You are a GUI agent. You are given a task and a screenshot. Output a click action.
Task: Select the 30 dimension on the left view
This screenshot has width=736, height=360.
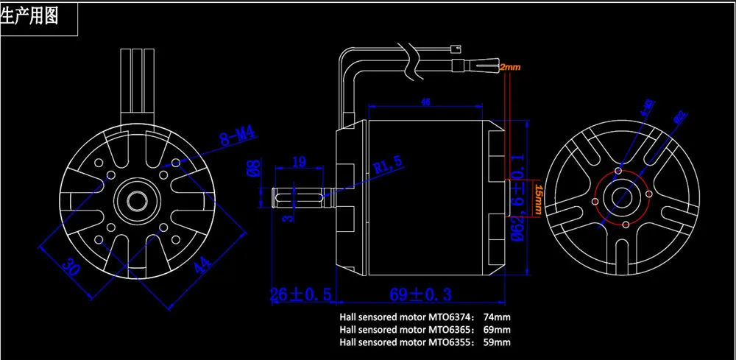click(x=71, y=266)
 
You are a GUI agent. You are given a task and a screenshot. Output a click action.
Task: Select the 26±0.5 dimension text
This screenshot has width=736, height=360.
click(x=302, y=295)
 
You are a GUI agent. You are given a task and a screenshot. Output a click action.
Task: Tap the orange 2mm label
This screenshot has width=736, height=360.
click(x=509, y=67)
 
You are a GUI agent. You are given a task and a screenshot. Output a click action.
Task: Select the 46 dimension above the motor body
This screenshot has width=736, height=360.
click(x=425, y=103)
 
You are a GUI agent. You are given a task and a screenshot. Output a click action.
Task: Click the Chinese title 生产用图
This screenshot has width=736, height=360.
click(x=30, y=15)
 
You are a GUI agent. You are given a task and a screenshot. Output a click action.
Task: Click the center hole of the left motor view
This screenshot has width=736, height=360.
click(x=135, y=200)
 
